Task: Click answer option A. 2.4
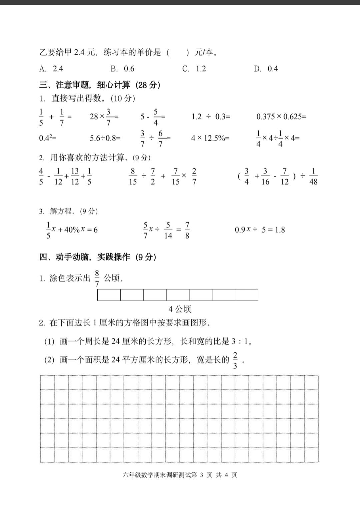51,69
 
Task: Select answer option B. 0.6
122,69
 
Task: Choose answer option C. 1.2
194,69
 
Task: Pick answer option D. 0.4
266,69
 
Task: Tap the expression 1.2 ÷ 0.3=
211,117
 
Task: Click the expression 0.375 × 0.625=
281,117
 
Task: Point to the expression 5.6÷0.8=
105,138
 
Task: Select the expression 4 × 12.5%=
210,138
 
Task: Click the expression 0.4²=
47,138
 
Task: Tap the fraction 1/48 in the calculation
313,177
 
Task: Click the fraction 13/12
75,177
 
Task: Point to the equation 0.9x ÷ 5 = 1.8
260,230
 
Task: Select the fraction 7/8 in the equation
187,230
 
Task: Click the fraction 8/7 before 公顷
97,278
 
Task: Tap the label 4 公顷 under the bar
180,309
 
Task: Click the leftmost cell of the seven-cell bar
109,295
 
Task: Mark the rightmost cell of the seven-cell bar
246,295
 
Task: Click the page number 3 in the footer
202,475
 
